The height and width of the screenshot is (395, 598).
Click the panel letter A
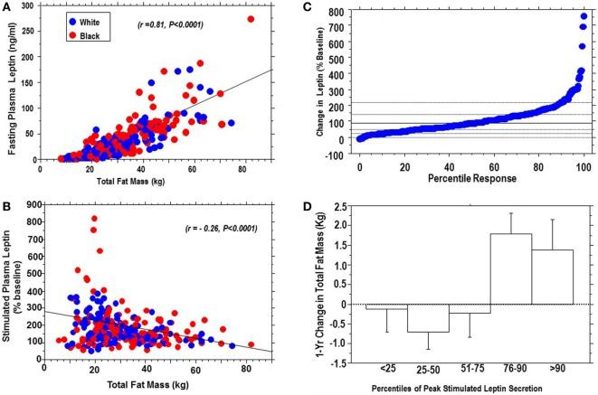pyautogui.click(x=7, y=7)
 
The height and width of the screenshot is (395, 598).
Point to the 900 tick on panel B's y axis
pyautogui.click(x=30, y=204)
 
